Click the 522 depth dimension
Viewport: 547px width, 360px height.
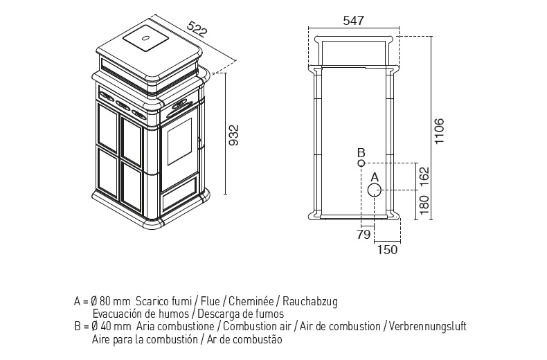coord(197,29)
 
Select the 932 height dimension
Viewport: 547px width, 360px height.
coord(234,135)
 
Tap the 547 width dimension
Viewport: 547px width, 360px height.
coord(353,21)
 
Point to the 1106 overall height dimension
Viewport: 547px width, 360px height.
coord(439,131)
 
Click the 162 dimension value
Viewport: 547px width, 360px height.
coord(424,177)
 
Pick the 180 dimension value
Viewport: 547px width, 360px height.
coord(424,205)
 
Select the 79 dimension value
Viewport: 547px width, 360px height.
coord(364,235)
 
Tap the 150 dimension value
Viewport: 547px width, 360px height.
coord(387,250)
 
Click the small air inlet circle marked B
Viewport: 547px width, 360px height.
coord(361,163)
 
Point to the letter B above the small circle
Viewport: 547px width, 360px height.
coord(361,153)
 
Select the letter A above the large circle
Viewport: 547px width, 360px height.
coord(375,177)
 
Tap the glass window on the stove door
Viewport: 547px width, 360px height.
coord(179,141)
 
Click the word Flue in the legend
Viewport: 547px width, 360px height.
coord(210,301)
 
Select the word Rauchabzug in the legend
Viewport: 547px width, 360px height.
coord(310,301)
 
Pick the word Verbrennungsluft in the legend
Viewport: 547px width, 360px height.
coord(427,327)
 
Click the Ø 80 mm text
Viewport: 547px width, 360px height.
coord(111,301)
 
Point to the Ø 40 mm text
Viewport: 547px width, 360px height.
coord(111,327)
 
